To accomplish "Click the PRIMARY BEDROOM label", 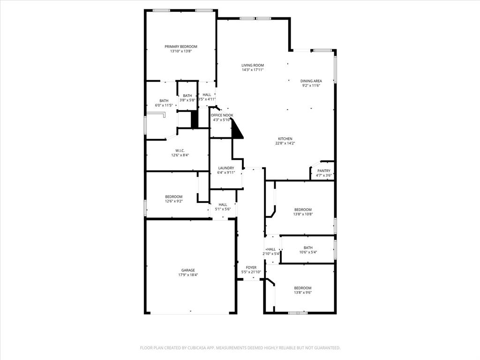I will click(x=180, y=46).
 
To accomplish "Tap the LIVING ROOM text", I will click(x=253, y=65).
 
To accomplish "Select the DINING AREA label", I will click(x=311, y=81).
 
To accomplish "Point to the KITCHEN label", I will click(x=285, y=139).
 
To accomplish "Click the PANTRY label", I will click(x=324, y=171).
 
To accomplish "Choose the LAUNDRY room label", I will click(x=226, y=168).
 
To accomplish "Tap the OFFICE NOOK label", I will click(x=222, y=115).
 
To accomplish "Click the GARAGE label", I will click(x=188, y=270).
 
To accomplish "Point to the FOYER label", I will click(x=251, y=267).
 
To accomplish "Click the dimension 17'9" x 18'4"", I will click(x=188, y=275).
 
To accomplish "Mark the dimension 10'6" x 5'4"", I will click(x=308, y=252).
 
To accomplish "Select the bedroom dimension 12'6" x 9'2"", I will click(x=173, y=201).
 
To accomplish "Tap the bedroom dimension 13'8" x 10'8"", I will click(x=303, y=214).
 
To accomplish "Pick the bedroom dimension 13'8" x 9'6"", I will click(x=302, y=292).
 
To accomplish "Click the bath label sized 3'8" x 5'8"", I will click(x=187, y=96).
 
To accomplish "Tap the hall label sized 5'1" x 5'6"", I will click(x=223, y=204).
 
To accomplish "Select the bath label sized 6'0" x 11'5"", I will click(x=164, y=100).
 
